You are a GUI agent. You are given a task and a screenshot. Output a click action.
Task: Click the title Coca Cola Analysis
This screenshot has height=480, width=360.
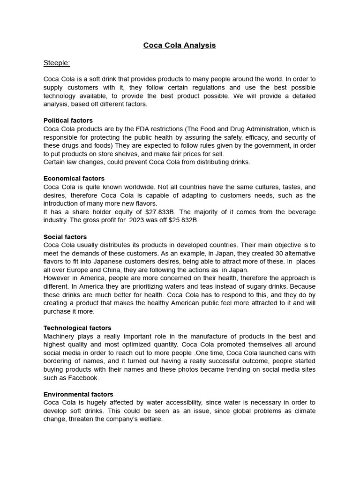click(x=180, y=45)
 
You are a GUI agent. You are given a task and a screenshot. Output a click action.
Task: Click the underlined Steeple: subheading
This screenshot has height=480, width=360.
click(x=57, y=63)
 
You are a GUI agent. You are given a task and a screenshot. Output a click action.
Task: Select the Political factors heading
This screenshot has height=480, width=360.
click(x=68, y=120)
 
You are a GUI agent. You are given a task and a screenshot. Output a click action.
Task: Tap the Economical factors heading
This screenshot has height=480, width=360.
click(x=74, y=179)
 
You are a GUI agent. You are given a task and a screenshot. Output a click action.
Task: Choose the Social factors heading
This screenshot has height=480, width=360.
click(x=65, y=237)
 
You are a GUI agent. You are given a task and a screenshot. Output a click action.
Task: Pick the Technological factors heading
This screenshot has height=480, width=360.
click(x=77, y=328)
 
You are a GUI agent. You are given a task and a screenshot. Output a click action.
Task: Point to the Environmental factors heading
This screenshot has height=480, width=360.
click(x=78, y=394)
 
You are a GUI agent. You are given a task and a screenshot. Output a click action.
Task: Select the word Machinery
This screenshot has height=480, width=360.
click(x=60, y=337)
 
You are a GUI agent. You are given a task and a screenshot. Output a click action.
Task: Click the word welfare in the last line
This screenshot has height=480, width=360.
click(x=150, y=419)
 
